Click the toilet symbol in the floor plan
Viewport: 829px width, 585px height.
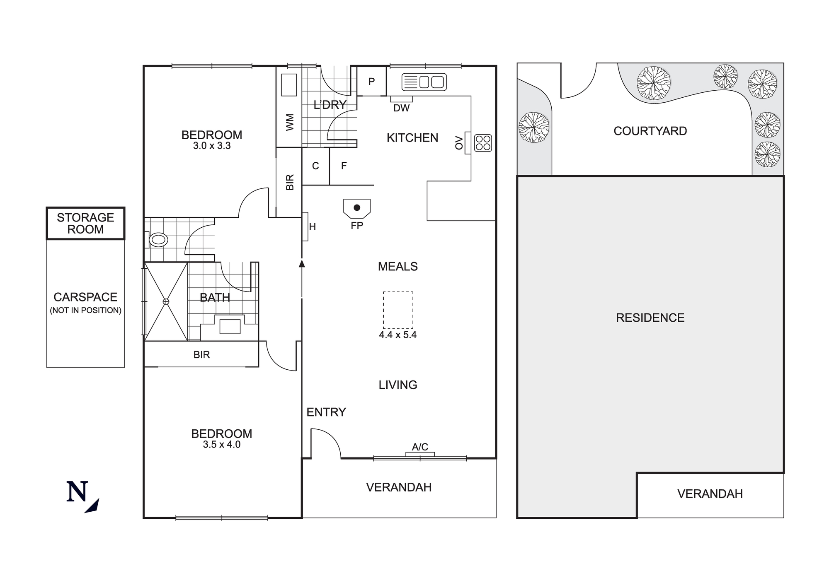pyautogui.click(x=158, y=240)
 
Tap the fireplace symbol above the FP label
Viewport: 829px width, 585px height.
pyautogui.click(x=357, y=208)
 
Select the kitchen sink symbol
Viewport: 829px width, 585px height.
pyautogui.click(x=424, y=82)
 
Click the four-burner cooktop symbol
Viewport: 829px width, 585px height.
pyautogui.click(x=483, y=143)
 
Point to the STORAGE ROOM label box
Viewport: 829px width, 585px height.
pyautogui.click(x=85, y=224)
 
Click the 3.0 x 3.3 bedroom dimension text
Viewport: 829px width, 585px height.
pyautogui.click(x=212, y=146)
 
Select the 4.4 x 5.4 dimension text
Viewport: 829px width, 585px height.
pyautogui.click(x=398, y=335)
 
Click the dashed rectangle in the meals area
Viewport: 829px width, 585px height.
pyautogui.click(x=398, y=310)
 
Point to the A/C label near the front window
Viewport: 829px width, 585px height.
pyautogui.click(x=420, y=447)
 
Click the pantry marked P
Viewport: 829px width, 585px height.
pyautogui.click(x=371, y=82)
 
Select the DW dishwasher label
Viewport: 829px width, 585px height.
pyautogui.click(x=401, y=108)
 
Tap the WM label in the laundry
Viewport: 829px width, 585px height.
pyautogui.click(x=290, y=122)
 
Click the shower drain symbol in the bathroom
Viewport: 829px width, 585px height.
pyautogui.click(x=166, y=301)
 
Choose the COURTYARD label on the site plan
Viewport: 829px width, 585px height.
pyautogui.click(x=650, y=131)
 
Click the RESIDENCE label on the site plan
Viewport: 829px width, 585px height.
pyautogui.click(x=650, y=318)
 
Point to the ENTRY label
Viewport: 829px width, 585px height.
pyautogui.click(x=326, y=412)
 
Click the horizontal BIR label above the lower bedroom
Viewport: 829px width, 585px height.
pyautogui.click(x=201, y=355)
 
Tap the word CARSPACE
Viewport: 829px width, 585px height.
pyautogui.click(x=85, y=297)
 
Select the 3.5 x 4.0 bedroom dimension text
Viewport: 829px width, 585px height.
pyautogui.click(x=222, y=445)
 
